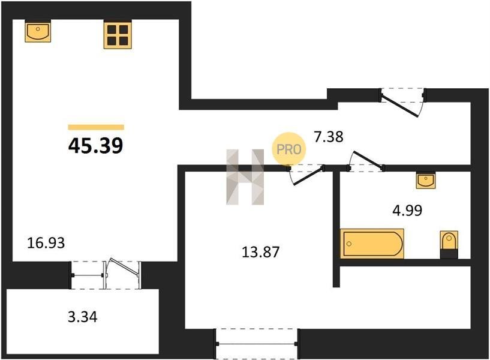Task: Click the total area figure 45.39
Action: (x=95, y=146)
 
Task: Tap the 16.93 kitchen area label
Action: (x=46, y=243)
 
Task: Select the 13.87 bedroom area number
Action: (x=261, y=252)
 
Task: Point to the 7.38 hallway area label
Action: (x=329, y=137)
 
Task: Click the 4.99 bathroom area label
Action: (x=407, y=211)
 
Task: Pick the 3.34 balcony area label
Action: (x=83, y=317)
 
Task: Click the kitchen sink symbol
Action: (x=38, y=31)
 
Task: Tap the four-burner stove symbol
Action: (x=118, y=34)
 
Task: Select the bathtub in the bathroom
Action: (x=372, y=244)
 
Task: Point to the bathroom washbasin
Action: (x=426, y=180)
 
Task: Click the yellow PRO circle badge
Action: (x=288, y=149)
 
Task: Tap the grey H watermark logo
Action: (x=245, y=177)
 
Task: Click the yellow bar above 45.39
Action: (x=96, y=127)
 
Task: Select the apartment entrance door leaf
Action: (x=399, y=106)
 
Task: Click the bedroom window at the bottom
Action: (x=256, y=344)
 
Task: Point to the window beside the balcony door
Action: (x=88, y=275)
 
